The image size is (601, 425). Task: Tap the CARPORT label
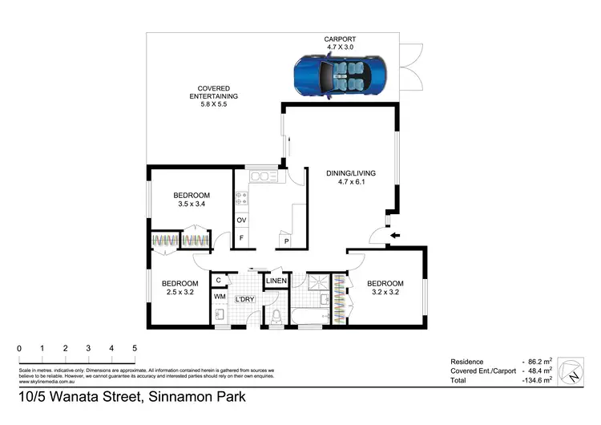(340, 38)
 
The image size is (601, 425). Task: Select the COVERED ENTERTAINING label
(214, 92)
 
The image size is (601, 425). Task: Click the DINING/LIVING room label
(350, 173)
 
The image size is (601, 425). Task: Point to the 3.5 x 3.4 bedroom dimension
(192, 204)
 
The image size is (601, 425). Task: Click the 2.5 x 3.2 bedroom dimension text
(179, 293)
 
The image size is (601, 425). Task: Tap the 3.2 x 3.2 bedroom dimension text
(385, 293)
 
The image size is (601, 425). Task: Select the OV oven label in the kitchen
(241, 221)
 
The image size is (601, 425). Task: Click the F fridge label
(241, 238)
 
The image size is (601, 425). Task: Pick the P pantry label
(285, 240)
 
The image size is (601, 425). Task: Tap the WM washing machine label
(220, 297)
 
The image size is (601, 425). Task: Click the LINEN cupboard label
(276, 281)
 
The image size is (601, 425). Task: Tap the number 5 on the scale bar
(135, 349)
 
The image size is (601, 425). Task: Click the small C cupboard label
(219, 280)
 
